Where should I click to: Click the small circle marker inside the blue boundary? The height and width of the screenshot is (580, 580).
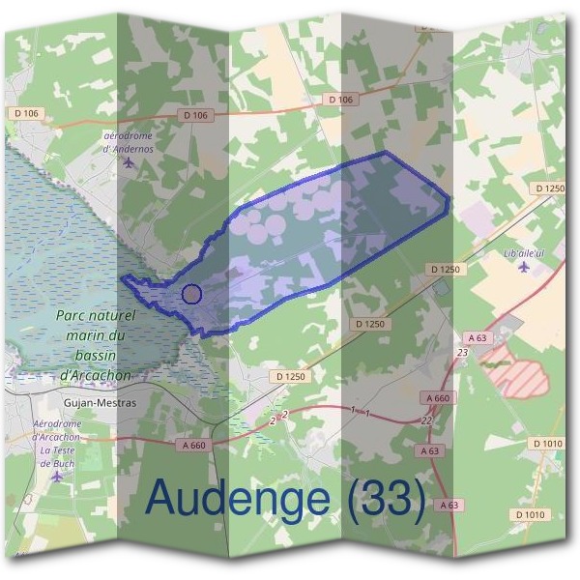(x=191, y=293)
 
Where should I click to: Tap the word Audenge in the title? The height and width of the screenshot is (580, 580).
(x=242, y=498)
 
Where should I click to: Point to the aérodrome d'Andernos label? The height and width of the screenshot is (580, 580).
(x=129, y=142)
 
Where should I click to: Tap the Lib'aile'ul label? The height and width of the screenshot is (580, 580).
(x=527, y=253)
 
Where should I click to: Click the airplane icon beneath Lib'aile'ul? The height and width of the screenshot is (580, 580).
(x=525, y=267)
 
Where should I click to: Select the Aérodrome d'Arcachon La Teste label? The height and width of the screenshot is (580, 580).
(x=58, y=443)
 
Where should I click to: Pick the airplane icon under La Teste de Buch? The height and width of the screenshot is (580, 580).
(x=57, y=476)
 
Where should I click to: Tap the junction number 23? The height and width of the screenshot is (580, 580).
(x=463, y=353)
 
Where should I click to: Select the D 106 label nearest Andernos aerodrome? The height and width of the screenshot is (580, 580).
(x=195, y=115)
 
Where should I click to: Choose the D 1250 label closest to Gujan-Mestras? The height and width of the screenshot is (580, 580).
(x=290, y=375)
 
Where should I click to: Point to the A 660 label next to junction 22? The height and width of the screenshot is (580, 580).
(x=437, y=398)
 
